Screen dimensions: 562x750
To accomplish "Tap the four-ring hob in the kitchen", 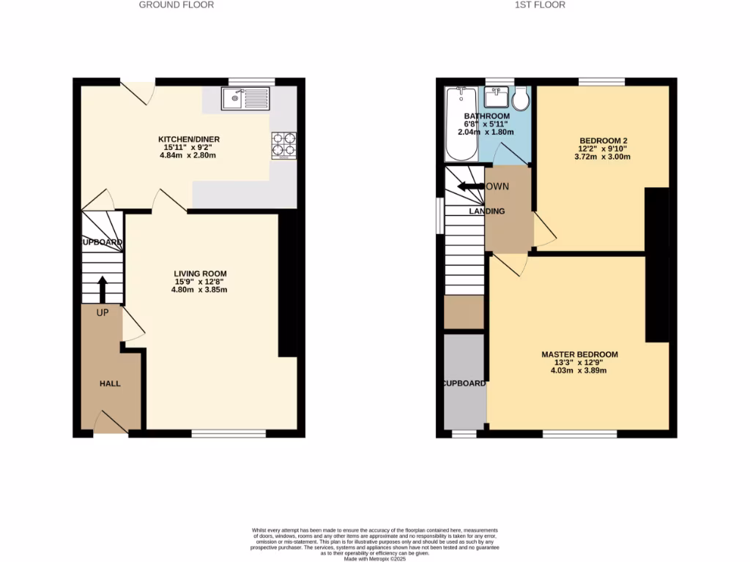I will [x=283, y=145].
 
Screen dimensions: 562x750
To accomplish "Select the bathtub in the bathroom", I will [x=461, y=124].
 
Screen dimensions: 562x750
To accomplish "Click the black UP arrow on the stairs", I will [x=102, y=288].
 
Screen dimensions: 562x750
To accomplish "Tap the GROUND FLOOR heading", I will [x=177, y=4].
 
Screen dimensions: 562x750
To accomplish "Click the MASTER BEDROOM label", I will [x=579, y=355].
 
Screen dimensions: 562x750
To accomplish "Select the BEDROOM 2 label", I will [x=604, y=140].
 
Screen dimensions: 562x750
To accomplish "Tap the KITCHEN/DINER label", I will [x=189, y=140].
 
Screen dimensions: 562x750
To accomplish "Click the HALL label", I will [x=110, y=383].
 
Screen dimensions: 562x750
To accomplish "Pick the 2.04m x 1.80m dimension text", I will [x=486, y=132].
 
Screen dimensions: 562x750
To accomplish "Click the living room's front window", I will [x=229, y=433].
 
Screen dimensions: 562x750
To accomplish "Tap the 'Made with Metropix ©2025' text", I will [x=374, y=559].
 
